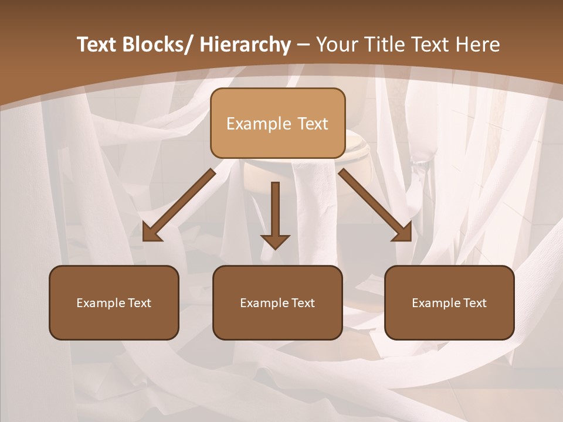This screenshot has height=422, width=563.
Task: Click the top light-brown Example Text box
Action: tap(277, 123)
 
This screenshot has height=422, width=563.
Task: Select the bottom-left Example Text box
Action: tap(114, 302)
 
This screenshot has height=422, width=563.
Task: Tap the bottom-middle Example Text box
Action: tap(277, 302)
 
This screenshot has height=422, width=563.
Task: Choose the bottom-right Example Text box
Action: tap(449, 302)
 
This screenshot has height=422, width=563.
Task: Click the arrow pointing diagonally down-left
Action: tap(179, 205)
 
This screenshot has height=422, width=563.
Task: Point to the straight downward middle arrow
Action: tap(275, 211)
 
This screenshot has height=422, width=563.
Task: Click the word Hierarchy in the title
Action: tap(245, 45)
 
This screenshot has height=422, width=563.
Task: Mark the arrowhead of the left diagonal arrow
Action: tap(151, 233)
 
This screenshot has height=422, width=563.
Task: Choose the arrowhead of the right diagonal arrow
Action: tap(403, 233)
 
